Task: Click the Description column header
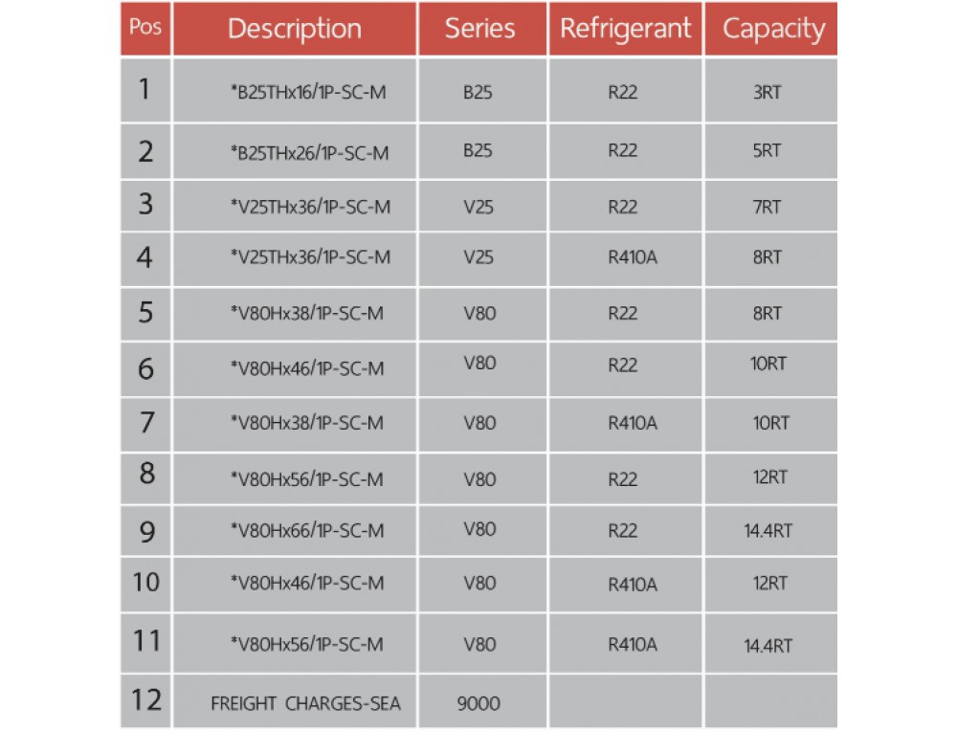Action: [x=295, y=29]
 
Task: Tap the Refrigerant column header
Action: [x=626, y=29]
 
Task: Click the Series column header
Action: [x=479, y=29]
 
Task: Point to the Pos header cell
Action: [x=145, y=27]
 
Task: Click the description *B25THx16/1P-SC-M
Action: [x=308, y=92]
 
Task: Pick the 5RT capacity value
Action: [x=767, y=150]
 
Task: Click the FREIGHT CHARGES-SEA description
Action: [x=306, y=703]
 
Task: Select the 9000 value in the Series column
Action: [x=478, y=703]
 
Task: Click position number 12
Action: [x=146, y=699]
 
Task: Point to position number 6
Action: [x=145, y=368]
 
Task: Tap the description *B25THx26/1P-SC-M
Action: [x=309, y=152]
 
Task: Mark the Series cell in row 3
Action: [x=478, y=207]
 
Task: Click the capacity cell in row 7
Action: [x=770, y=423]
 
